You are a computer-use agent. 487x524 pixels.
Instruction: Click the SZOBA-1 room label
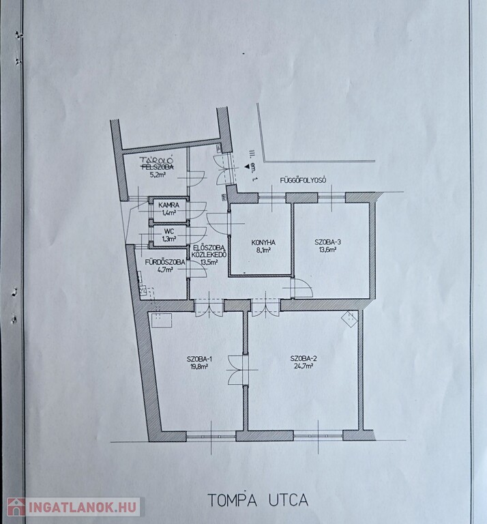pos(200,360)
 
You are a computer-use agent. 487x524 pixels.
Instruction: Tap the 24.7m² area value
pos(304,366)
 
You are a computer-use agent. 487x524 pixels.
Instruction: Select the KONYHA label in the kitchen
pos(263,243)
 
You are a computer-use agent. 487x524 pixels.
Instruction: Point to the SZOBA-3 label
pos(327,242)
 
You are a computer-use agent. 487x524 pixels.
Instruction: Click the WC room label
pos(168,231)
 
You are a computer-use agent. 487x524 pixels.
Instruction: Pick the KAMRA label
pos(168,205)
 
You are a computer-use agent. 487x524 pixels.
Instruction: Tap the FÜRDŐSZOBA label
pos(164,262)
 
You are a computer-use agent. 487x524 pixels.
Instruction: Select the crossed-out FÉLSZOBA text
pos(158,166)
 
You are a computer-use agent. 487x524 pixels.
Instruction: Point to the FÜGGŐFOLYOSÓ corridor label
pos(304,180)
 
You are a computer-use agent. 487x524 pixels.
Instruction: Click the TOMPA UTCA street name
pos(258,500)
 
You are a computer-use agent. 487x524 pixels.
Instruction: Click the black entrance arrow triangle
pos(246,166)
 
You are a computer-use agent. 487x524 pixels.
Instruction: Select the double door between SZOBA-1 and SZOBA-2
pos(239,370)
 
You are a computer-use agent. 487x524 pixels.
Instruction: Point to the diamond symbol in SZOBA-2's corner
pos(350,319)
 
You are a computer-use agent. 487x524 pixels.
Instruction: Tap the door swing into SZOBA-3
pos(301,288)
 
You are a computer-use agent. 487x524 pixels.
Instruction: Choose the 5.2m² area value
pos(158,175)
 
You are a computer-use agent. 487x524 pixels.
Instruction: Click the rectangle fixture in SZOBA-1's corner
pos(161,321)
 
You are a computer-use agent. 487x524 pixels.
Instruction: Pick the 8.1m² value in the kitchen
pos(263,250)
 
